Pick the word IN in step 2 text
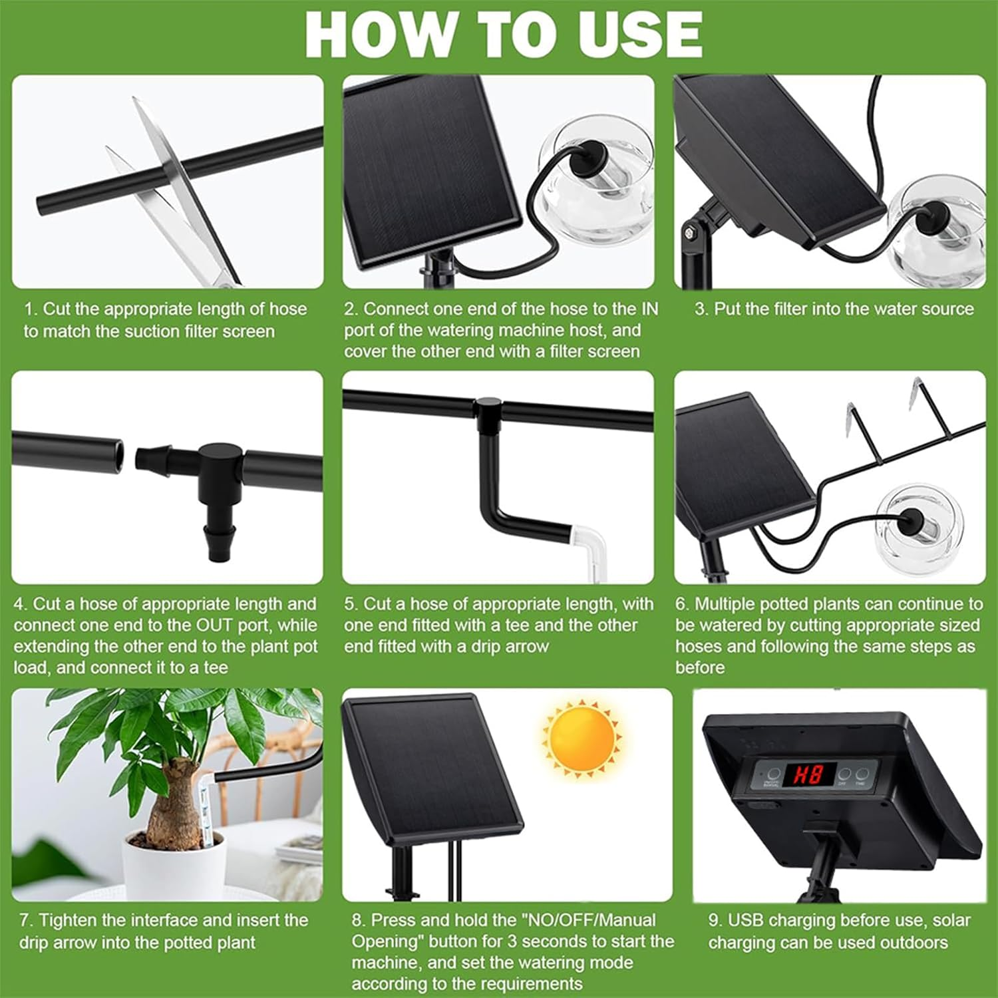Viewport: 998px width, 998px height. point(649,309)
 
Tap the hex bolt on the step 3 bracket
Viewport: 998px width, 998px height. point(691,232)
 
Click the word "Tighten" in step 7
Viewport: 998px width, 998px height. point(69,921)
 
